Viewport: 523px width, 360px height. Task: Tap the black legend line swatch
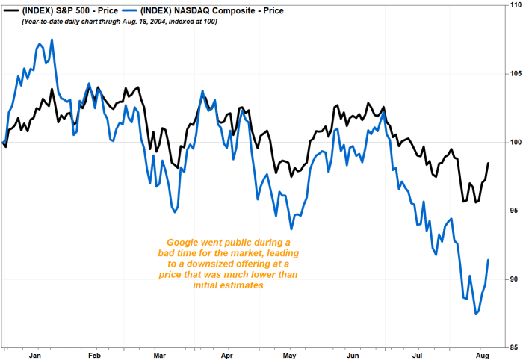10,11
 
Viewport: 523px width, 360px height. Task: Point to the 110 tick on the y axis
513,6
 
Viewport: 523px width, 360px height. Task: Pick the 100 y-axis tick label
513,142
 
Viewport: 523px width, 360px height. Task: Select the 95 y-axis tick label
513,211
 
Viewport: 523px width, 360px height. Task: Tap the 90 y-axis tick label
513,279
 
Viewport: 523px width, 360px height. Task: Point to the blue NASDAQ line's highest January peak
52,40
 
